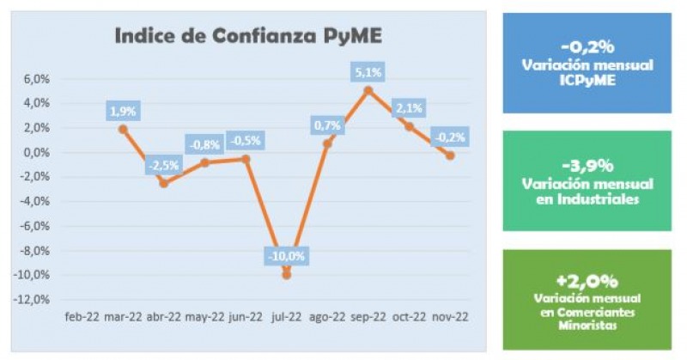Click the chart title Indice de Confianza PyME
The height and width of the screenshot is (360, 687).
tap(249, 37)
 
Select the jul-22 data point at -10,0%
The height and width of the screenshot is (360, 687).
tap(287, 275)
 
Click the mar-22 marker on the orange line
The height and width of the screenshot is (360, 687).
tap(123, 129)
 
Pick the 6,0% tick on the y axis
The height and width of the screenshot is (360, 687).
tap(37, 79)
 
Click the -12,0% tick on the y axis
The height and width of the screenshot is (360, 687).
tap(33, 300)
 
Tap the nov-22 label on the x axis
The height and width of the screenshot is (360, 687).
tap(450, 316)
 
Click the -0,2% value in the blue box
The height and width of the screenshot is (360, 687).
tap(587, 47)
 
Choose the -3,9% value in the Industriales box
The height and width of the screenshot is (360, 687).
tap(587, 166)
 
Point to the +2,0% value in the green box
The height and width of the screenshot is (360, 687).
tap(587, 281)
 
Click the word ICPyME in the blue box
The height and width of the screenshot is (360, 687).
tap(587, 81)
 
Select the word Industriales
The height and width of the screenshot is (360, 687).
tap(587, 199)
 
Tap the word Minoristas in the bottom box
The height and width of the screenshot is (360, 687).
tap(587, 326)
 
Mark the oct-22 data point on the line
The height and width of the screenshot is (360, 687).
tap(410, 126)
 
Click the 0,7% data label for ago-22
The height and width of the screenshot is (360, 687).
tap(327, 125)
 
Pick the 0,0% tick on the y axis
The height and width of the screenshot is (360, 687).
tap(37, 153)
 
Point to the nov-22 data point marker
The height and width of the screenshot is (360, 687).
tap(450, 156)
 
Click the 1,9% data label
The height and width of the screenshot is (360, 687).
tap(123, 111)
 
